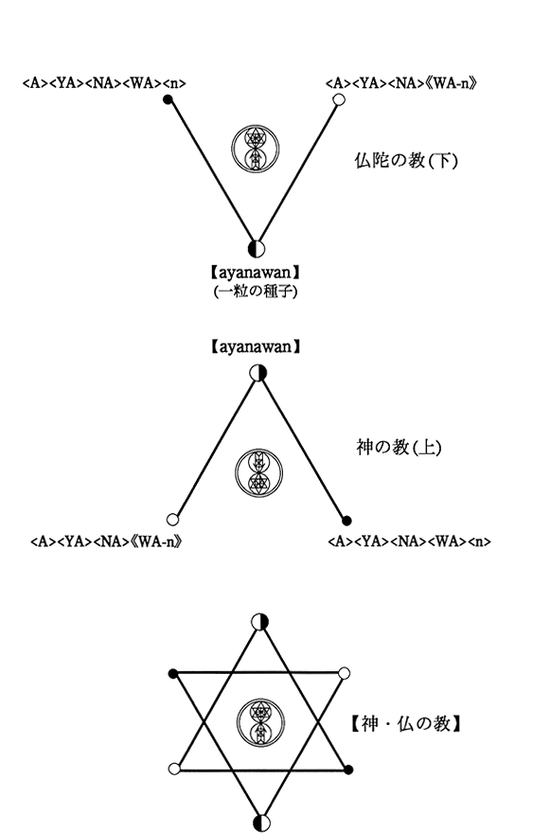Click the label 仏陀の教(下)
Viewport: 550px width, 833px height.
(x=406, y=160)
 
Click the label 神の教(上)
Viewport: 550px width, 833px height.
(x=399, y=448)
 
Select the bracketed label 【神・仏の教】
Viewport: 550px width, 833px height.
(x=405, y=723)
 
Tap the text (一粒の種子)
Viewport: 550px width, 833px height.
(x=256, y=292)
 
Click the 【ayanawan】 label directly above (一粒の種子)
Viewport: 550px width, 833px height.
(x=256, y=273)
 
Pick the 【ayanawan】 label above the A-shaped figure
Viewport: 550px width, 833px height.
(x=256, y=346)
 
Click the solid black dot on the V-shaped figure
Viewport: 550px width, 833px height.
(x=168, y=99)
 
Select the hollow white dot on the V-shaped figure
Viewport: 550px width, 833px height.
(x=338, y=99)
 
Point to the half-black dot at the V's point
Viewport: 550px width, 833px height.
(x=257, y=248)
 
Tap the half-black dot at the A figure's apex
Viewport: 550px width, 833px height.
(x=257, y=373)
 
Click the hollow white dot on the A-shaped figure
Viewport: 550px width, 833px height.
(x=172, y=519)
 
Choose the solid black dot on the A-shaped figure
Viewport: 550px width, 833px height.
(x=346, y=520)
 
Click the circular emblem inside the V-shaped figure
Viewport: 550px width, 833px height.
(x=256, y=149)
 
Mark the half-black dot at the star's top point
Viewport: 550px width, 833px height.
(x=260, y=622)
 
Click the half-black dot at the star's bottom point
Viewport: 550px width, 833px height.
(x=261, y=823)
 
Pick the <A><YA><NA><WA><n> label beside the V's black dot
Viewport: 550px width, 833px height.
(x=104, y=83)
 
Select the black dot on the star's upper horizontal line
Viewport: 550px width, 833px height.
(x=172, y=674)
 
